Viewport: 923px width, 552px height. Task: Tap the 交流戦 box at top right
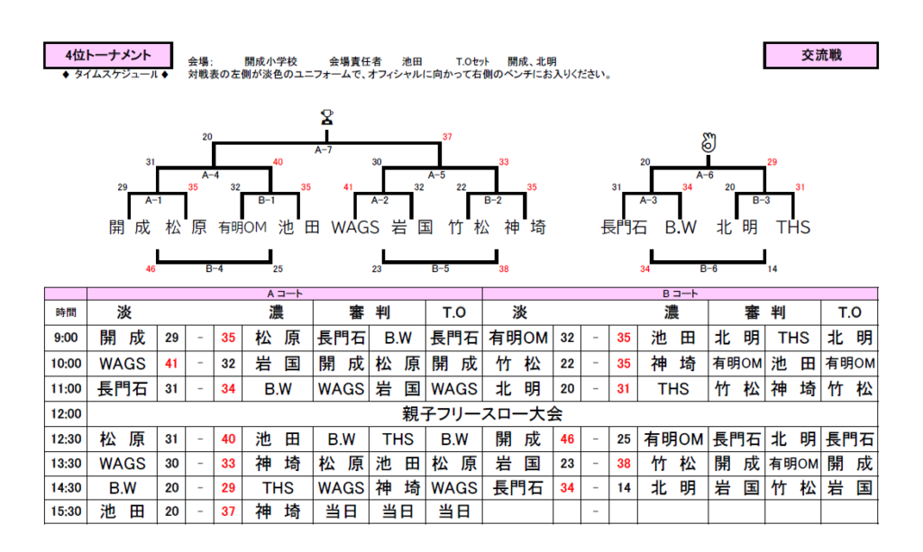(x=820, y=56)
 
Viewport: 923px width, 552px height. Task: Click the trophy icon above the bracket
(x=326, y=116)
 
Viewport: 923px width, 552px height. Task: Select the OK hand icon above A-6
(x=708, y=142)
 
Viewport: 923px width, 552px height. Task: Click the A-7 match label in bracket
(x=324, y=149)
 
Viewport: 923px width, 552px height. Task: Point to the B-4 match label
(x=214, y=268)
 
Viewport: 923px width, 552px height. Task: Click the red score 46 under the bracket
(x=151, y=268)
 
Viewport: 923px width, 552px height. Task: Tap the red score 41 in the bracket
(x=348, y=187)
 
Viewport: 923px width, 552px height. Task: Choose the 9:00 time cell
(x=66, y=339)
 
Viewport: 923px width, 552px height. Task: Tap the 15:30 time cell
(x=66, y=512)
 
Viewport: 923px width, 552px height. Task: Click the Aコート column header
(x=283, y=294)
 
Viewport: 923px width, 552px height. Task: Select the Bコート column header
(x=680, y=294)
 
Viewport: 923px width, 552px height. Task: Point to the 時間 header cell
(x=66, y=312)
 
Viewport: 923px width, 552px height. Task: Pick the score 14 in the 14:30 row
(x=621, y=488)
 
